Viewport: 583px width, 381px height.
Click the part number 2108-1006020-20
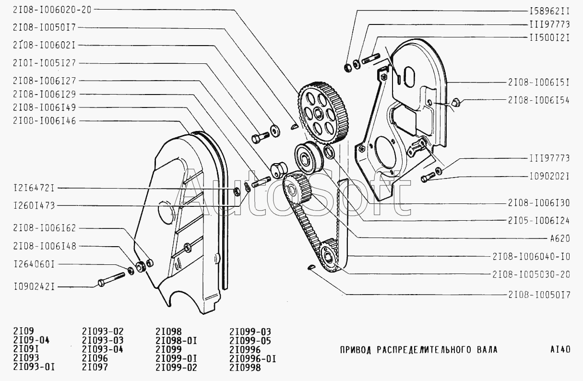52,9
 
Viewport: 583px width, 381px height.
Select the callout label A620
559,238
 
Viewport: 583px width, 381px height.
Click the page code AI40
559,350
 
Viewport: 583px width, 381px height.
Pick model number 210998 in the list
245,368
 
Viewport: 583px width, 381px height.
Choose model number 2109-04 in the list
31,341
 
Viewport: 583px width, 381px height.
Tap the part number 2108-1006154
538,100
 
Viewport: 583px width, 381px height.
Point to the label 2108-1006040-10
531,257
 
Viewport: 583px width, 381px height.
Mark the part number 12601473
34,206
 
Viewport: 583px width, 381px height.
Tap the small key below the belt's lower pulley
310,268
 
